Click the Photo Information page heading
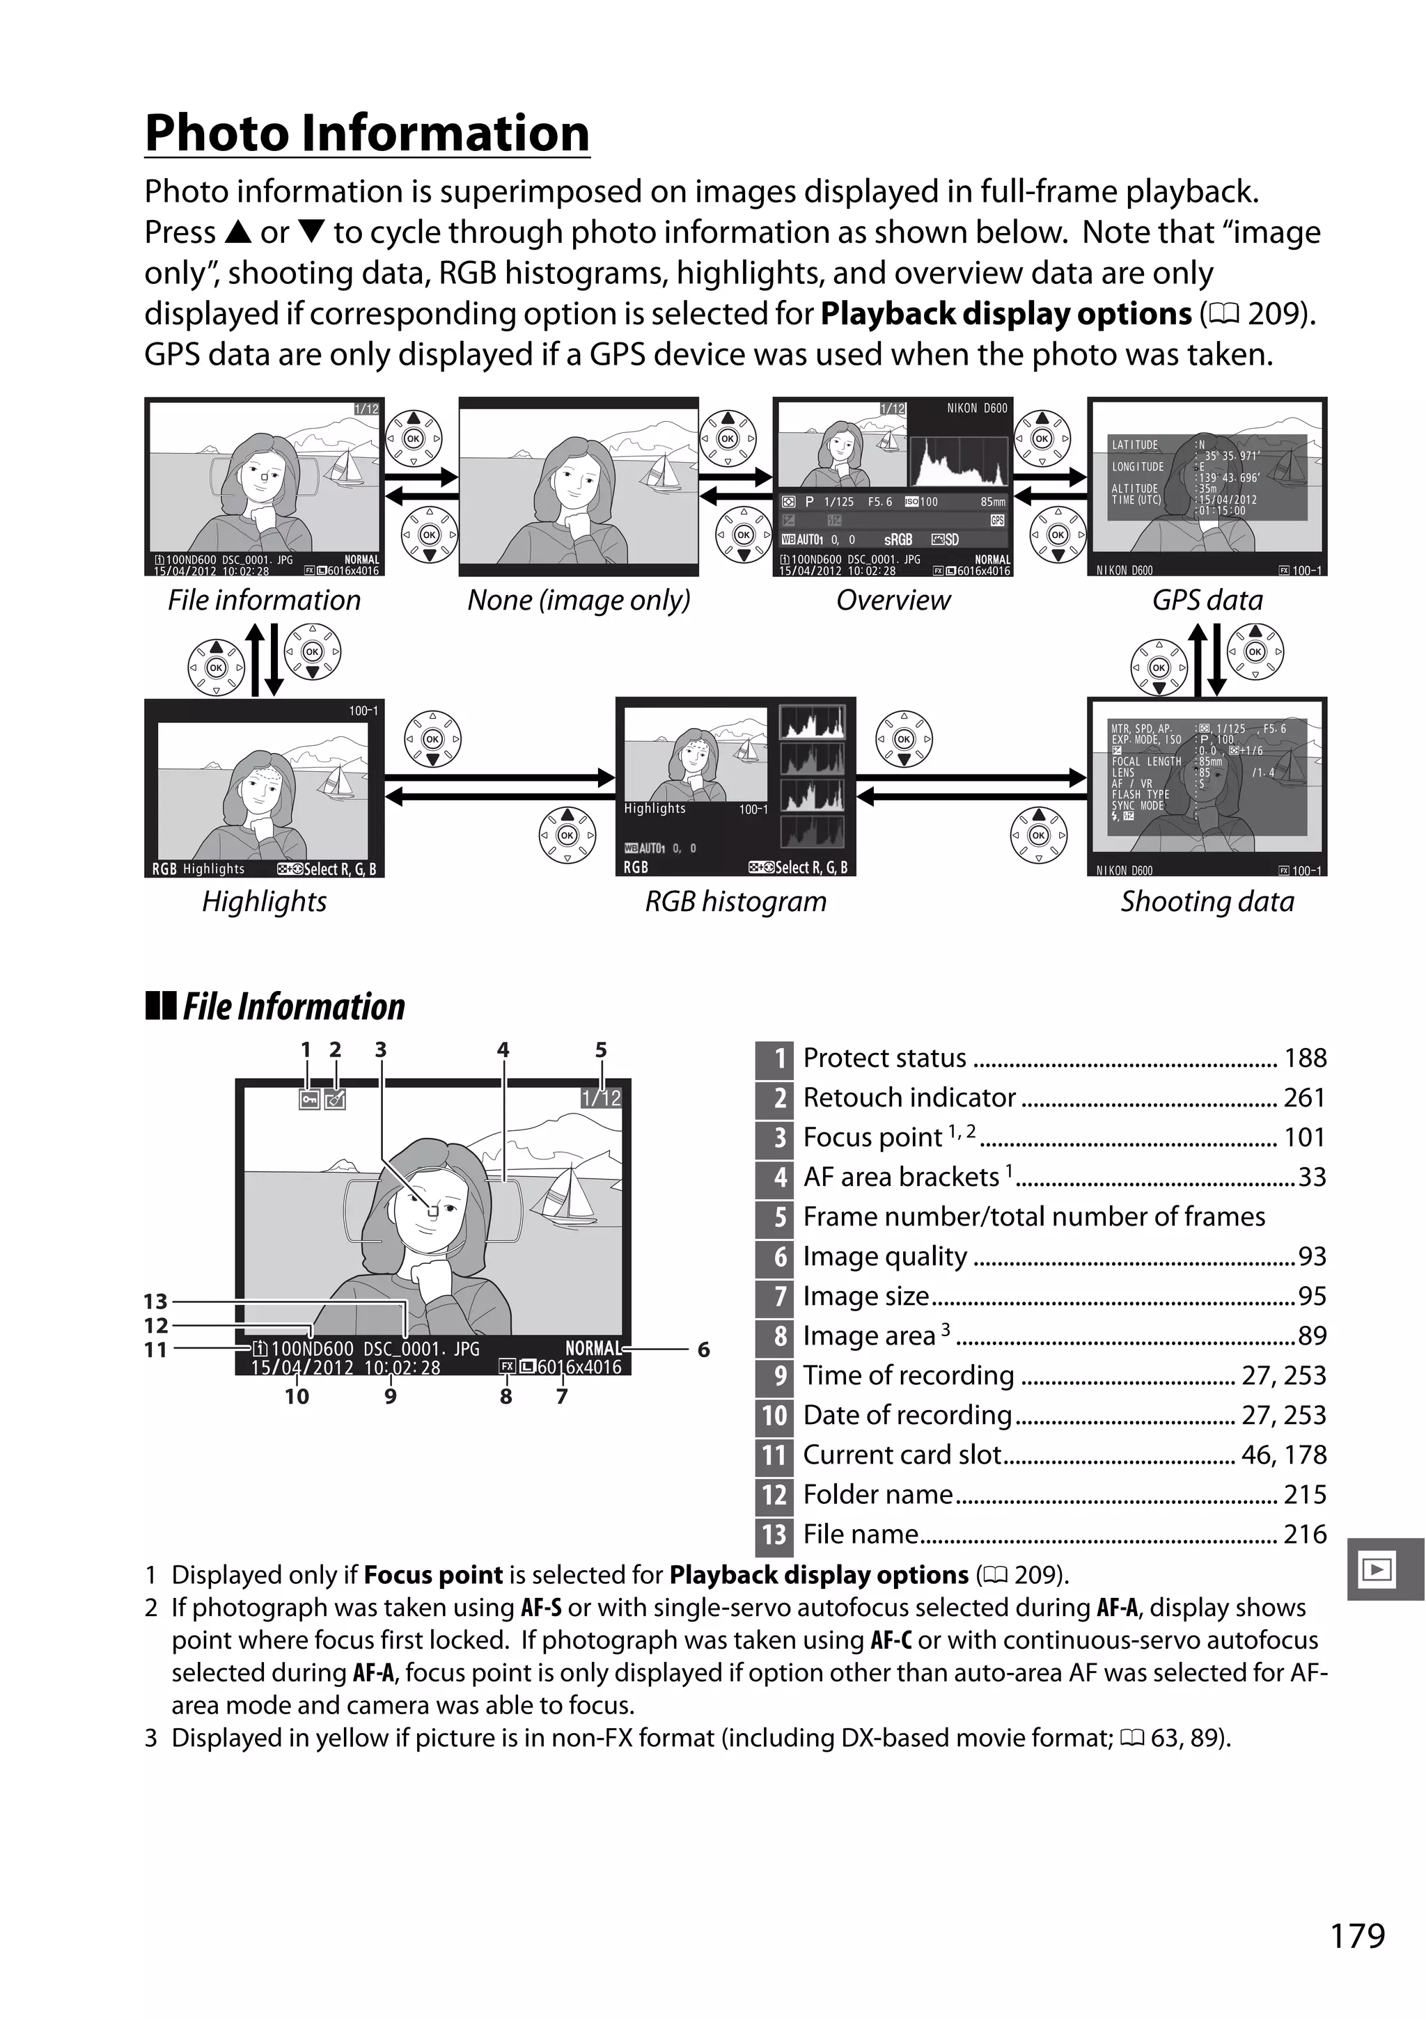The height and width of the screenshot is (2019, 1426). (367, 134)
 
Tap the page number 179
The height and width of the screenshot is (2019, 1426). (1357, 1935)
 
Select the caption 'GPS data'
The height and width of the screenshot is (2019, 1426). (1207, 600)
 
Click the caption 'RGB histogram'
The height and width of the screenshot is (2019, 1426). (735, 901)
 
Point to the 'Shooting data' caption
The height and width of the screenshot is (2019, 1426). (1207, 901)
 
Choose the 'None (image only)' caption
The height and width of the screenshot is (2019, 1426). (578, 600)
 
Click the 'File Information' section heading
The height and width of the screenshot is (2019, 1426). (293, 1007)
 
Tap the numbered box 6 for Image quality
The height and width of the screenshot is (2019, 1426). (774, 1257)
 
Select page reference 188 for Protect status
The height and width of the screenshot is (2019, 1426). (1305, 1058)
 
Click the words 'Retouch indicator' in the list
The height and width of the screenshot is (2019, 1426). (909, 1098)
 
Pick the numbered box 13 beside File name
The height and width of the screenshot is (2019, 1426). (774, 1535)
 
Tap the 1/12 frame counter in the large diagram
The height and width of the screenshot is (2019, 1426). (601, 1098)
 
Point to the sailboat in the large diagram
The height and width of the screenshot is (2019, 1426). (567, 1198)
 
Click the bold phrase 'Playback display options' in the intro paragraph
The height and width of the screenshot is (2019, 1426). (1005, 314)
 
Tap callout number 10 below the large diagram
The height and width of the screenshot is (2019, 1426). (297, 1396)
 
